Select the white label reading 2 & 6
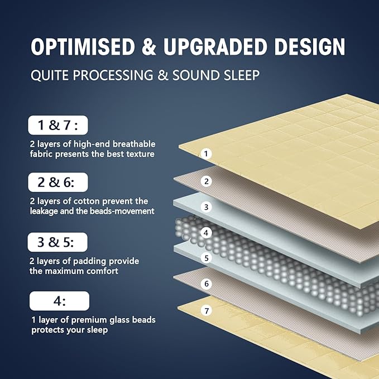tap(59, 182)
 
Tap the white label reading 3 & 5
tap(59, 242)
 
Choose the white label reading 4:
tap(59, 301)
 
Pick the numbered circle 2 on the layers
tap(206, 181)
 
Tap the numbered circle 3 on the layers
tap(206, 207)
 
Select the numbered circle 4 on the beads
tap(206, 232)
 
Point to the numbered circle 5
tap(206, 258)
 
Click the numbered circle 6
tap(206, 284)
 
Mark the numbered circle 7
tap(206, 310)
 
